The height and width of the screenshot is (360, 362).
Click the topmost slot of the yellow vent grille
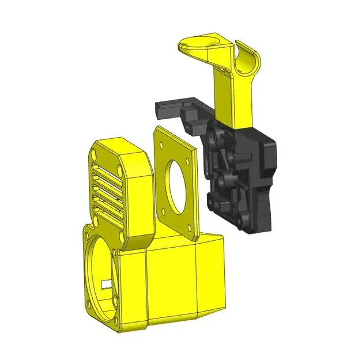tap(107, 163)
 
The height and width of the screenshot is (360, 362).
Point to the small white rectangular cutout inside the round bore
tap(105, 284)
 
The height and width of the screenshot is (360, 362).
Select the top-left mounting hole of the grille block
tap(93, 154)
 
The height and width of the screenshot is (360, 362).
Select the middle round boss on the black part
tap(225, 173)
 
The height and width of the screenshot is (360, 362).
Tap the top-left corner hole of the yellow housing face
tap(86, 233)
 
